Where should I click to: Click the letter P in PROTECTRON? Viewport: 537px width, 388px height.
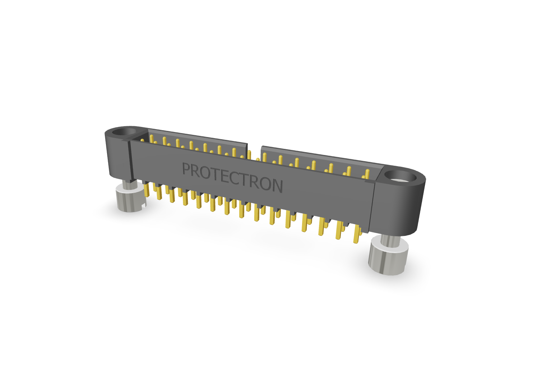coord(186,168)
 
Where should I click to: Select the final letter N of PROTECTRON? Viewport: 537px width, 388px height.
coord(277,186)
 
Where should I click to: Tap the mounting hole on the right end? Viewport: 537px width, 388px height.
coord(401,176)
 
